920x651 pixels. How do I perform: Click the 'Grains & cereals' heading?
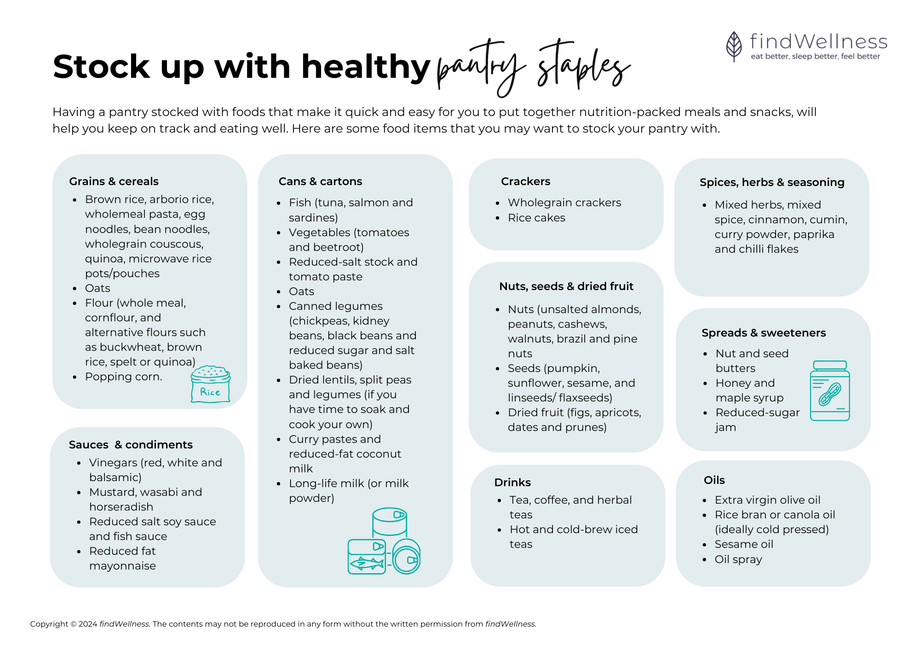114,181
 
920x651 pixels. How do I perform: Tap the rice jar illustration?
210,384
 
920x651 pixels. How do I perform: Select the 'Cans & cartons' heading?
320,181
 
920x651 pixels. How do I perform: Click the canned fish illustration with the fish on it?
367,557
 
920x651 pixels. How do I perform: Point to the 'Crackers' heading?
525,181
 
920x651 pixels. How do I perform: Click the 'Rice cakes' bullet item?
536,218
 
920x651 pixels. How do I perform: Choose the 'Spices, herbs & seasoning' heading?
772,182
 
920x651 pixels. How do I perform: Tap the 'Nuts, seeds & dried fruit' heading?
566,286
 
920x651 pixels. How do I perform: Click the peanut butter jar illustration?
829,391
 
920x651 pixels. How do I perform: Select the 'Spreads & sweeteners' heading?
764,333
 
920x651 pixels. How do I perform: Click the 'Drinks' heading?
512,482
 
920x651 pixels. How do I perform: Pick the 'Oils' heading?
714,480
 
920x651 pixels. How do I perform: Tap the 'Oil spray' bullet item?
738,559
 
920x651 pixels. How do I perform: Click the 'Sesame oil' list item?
744,544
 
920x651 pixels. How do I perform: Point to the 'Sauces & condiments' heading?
131,445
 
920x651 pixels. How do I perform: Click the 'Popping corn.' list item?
123,377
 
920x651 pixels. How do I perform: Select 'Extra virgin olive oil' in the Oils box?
767,500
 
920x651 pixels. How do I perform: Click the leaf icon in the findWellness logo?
734,46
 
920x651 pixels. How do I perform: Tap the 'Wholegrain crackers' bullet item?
564,203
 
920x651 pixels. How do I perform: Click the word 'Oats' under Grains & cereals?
98,288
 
